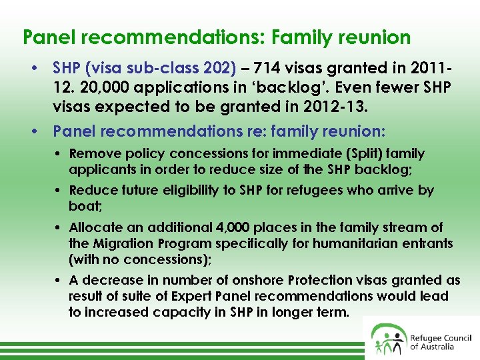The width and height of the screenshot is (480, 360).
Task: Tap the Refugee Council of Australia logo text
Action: click(441, 342)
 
